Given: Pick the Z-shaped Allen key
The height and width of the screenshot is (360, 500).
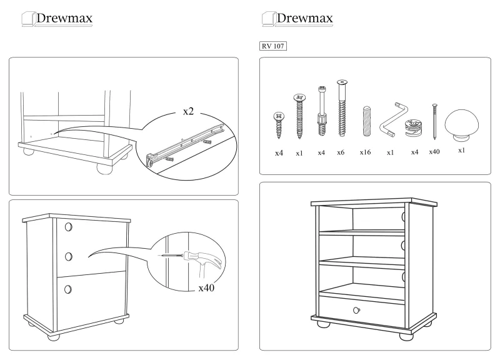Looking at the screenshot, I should [x=391, y=120].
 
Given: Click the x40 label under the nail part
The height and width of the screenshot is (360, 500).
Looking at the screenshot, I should [x=435, y=152].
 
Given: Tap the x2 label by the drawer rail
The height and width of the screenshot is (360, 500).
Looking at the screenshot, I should [x=189, y=111].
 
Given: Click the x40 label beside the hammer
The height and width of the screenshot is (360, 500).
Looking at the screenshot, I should [x=207, y=288].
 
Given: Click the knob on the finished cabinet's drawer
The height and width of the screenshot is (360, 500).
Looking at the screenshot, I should [x=356, y=310].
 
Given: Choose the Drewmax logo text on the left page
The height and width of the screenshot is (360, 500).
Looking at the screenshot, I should [x=64, y=19].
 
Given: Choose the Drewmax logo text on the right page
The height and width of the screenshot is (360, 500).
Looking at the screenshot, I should [x=305, y=19].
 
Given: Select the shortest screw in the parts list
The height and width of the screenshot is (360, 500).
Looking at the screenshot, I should [x=279, y=124].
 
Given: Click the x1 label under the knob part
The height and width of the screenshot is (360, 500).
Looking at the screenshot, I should [x=461, y=151].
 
